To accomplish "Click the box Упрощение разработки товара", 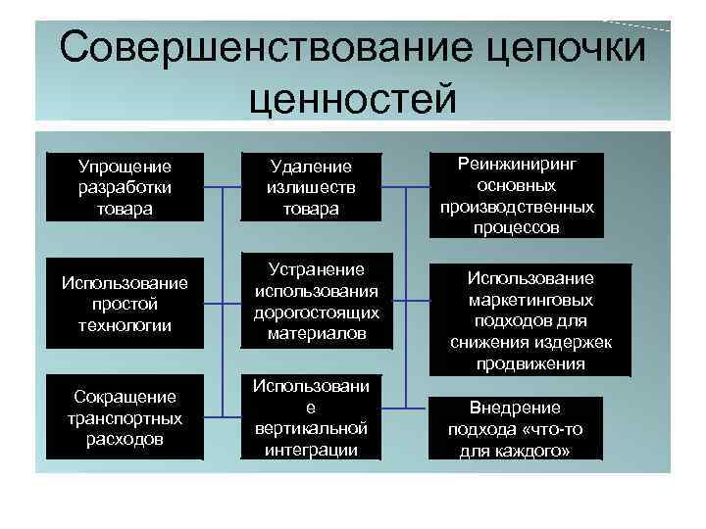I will click(125, 185).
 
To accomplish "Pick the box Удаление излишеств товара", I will click(310, 185).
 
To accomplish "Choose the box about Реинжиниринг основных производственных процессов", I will click(516, 195).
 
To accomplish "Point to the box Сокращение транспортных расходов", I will click(125, 417).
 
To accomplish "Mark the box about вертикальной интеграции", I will click(310, 417).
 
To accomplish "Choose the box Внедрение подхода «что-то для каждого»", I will click(516, 428).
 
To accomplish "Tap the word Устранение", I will click(310, 268).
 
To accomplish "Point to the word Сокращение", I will click(125, 397).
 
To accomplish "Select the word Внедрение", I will click(516, 408).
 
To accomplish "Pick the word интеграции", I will click(310, 450).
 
